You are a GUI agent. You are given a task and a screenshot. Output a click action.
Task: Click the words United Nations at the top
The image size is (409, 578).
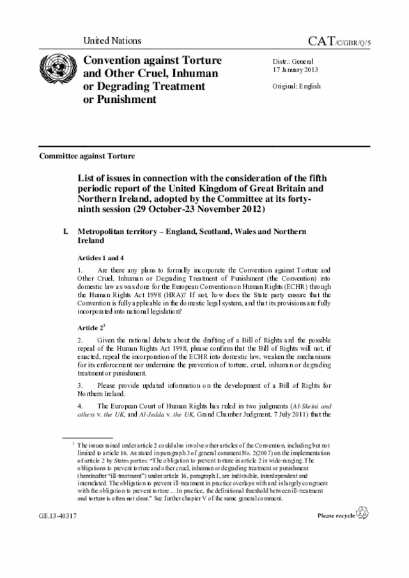[x=112, y=41]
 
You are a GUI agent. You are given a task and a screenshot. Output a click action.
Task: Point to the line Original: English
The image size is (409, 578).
[x=297, y=86]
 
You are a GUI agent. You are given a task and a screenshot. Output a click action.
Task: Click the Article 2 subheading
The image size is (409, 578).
[x=93, y=326]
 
